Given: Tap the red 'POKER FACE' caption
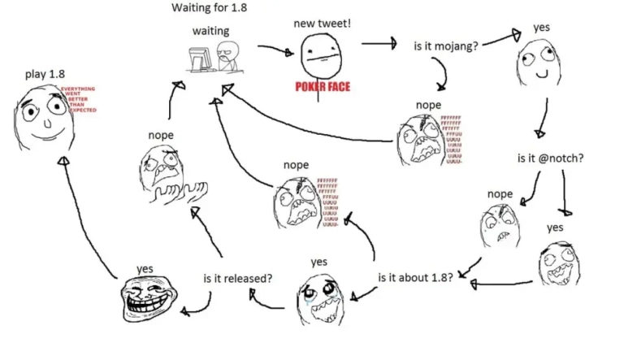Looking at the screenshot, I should pyautogui.click(x=323, y=86).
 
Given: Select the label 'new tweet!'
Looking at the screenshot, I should pyautogui.click(x=323, y=24).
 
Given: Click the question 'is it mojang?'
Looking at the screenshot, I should pyautogui.click(x=446, y=46).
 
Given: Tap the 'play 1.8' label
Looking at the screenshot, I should pyautogui.click(x=45, y=74).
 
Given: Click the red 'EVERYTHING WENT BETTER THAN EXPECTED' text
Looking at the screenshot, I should pyautogui.click(x=79, y=99).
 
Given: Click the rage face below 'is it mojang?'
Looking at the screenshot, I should pyautogui.click(x=418, y=137).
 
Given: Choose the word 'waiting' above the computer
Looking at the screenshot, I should pyautogui.click(x=210, y=31).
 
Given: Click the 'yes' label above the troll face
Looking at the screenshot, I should pyautogui.click(x=145, y=268).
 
